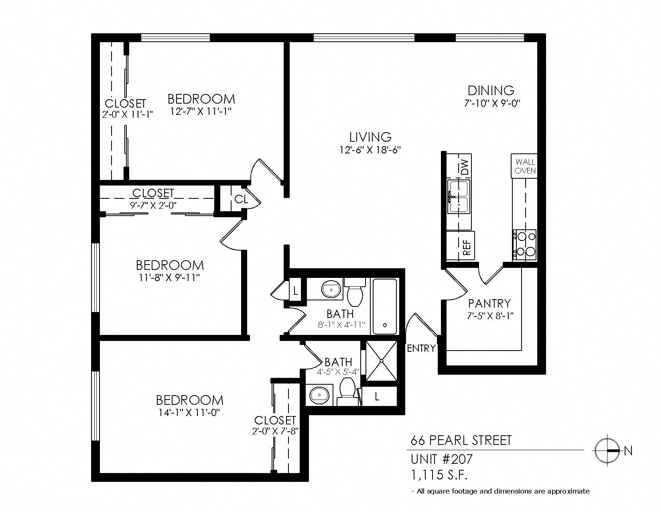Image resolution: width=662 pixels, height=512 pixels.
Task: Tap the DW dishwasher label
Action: (464, 167)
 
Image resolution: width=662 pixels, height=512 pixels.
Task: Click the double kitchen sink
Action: (459, 197)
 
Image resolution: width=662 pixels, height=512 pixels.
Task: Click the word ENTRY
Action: (421, 349)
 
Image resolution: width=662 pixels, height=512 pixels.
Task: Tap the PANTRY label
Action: (489, 303)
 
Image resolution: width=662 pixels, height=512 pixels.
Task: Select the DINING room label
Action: (491, 90)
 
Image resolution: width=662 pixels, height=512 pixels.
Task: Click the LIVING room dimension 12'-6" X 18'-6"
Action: (370, 150)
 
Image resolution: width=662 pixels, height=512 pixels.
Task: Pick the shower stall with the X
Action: (381, 361)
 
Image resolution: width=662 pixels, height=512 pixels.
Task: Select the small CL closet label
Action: (241, 199)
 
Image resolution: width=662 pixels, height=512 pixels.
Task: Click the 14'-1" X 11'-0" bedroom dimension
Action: (189, 412)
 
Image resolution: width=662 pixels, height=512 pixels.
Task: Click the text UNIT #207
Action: (441, 459)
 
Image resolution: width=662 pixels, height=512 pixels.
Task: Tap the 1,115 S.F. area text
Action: (439, 475)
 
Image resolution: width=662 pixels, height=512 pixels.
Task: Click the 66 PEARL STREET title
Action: (461, 441)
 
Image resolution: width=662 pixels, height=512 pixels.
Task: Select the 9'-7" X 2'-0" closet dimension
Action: (153, 205)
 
